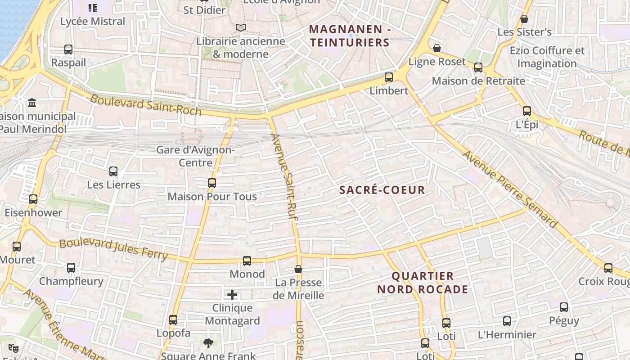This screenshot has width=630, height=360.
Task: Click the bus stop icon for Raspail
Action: pos(68,49)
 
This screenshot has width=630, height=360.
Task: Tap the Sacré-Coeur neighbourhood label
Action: pos(382,190)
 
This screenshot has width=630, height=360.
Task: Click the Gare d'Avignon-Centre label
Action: pos(195,156)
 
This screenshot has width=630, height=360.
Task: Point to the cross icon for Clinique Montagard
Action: pos(232,295)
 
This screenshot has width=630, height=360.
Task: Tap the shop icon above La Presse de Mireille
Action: pos(298,269)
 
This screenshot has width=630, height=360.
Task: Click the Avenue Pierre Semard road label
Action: pos(510,189)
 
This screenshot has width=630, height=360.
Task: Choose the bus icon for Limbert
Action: pos(389,77)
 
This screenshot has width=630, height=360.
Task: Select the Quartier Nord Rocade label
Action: pos(423,283)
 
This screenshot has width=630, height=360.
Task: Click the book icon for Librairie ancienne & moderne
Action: pos(241,28)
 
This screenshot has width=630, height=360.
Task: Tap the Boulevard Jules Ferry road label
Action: pos(113,249)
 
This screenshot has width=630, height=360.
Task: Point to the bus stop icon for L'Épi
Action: pos(527,111)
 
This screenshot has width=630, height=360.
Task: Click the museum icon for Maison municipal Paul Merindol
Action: pos(32,103)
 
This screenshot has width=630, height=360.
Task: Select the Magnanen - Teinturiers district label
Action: pos(350,36)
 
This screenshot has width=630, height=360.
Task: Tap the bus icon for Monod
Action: pos(247,261)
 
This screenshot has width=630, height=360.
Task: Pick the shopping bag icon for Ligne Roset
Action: pos(436,48)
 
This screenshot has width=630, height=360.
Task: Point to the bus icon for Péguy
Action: pos(564,307)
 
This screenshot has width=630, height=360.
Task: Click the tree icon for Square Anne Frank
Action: pos(208,343)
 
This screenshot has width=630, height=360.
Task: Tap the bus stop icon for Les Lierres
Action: pos(113,171)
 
